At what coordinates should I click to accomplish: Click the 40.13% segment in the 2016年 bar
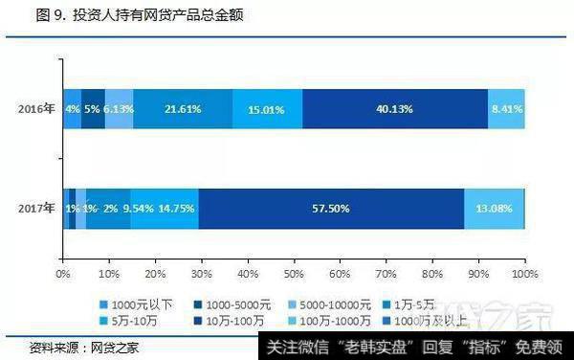tap(394, 109)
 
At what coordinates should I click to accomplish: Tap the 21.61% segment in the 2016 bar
tap(182, 109)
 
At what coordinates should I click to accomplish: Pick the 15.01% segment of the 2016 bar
tap(267, 109)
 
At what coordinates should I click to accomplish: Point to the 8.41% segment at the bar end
tap(506, 109)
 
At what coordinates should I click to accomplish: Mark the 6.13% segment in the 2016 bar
tap(119, 109)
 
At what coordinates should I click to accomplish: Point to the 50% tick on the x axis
tap(294, 274)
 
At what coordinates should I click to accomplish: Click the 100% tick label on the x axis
tap(524, 274)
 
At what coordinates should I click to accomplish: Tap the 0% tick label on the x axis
tap(64, 274)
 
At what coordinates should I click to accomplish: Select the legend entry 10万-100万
tap(231, 311)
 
